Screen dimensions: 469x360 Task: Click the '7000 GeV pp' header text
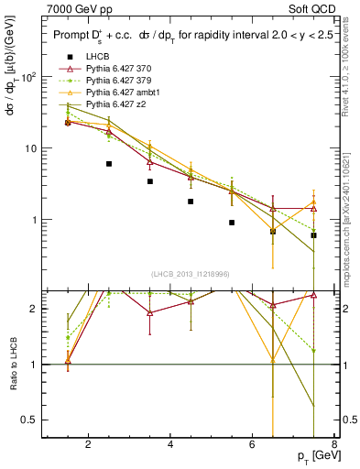[x=77, y=8]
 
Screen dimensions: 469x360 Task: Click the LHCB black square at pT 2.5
[x=109, y=164]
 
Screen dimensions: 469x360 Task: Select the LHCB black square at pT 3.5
[x=150, y=181]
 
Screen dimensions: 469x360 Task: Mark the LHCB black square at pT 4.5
[x=191, y=202]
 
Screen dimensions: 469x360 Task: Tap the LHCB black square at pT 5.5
[x=232, y=223]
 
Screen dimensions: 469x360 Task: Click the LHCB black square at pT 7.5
[x=313, y=235]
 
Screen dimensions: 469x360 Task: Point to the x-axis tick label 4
[x=171, y=446]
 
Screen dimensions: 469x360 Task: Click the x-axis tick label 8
[x=334, y=446]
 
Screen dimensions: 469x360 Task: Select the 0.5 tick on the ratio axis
[x=30, y=420]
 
